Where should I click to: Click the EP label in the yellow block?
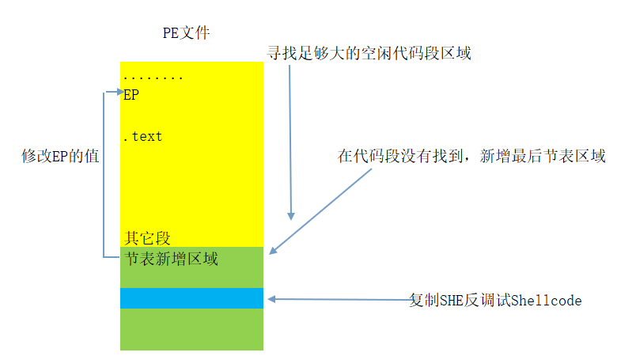coord(131,95)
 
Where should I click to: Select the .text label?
coord(143,137)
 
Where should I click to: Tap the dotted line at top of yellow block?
coord(153,78)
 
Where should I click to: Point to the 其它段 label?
coord(147,237)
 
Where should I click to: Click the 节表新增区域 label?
coord(171,258)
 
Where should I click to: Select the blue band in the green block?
coord(191,298)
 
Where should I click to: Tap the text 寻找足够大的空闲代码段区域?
coord(370,54)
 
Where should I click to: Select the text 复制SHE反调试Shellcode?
coord(495,301)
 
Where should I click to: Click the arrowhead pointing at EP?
coord(119,92)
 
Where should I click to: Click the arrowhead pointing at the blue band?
coord(271,299)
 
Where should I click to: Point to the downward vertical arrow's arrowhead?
coord(291,215)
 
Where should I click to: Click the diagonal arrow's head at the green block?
coord(272,251)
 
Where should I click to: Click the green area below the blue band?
coord(191,329)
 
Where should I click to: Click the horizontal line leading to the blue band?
coord(340,299)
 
